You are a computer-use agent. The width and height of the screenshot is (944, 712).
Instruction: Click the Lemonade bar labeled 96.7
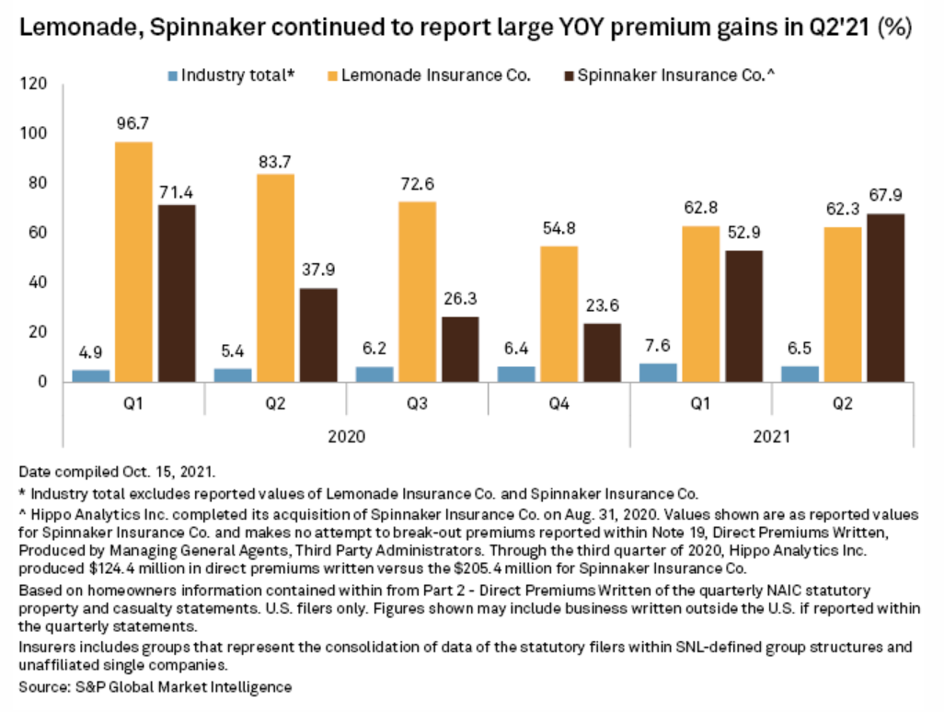point(134,262)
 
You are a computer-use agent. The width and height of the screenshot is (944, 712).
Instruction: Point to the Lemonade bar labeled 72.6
point(418,292)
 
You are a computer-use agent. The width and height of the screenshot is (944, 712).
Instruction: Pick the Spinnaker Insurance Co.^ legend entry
point(669,75)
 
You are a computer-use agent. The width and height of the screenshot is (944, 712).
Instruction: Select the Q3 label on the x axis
point(418,404)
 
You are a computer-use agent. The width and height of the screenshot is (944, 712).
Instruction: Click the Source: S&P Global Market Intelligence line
point(155,687)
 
